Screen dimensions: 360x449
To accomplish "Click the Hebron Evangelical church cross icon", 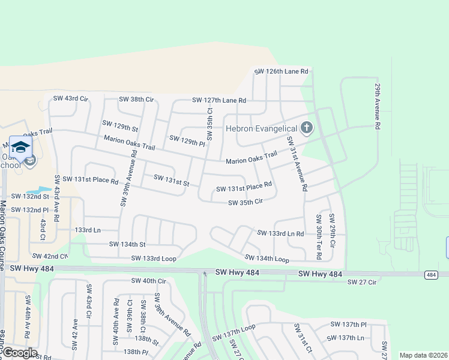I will tap(307, 128).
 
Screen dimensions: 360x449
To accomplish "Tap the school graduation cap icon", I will tap(20, 147).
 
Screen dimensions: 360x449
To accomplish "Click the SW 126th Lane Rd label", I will tap(281, 71).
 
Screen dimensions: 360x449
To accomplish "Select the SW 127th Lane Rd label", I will tap(219, 100).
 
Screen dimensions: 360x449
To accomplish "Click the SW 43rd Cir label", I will tap(71, 98).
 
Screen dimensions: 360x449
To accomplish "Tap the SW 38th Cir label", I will tap(136, 98).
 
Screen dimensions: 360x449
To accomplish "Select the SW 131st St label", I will tap(171, 180).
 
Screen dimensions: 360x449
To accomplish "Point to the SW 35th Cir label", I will tap(246, 203).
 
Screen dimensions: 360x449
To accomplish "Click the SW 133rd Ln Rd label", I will tap(280, 233).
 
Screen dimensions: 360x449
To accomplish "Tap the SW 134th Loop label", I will tap(267, 259).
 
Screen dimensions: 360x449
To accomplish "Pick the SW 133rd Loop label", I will tap(154, 258).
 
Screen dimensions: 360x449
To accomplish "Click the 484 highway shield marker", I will tap(431, 274).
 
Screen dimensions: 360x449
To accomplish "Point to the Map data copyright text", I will tap(423, 355).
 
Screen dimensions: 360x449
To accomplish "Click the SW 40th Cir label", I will tap(148, 281).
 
